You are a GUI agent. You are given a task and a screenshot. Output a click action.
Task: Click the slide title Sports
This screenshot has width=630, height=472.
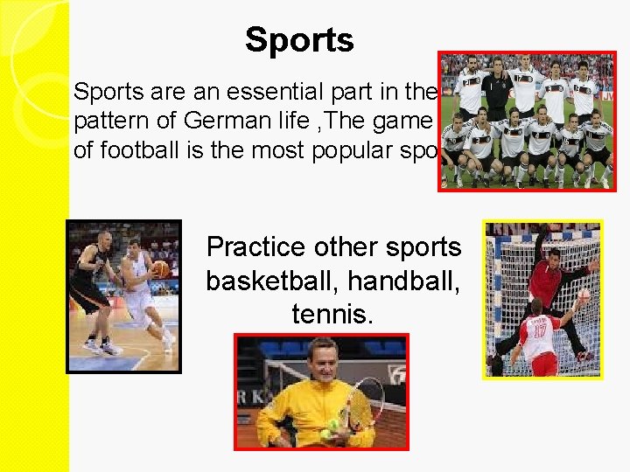coord(299,40)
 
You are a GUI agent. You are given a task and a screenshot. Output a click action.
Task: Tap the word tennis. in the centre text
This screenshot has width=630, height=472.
coord(332,313)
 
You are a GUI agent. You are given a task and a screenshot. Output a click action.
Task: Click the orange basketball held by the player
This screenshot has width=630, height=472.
coord(160,269)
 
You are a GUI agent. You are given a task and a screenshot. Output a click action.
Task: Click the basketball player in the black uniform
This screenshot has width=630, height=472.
coord(94,288)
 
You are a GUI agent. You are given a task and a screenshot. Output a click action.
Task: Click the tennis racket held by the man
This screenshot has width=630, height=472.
coord(364,402)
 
